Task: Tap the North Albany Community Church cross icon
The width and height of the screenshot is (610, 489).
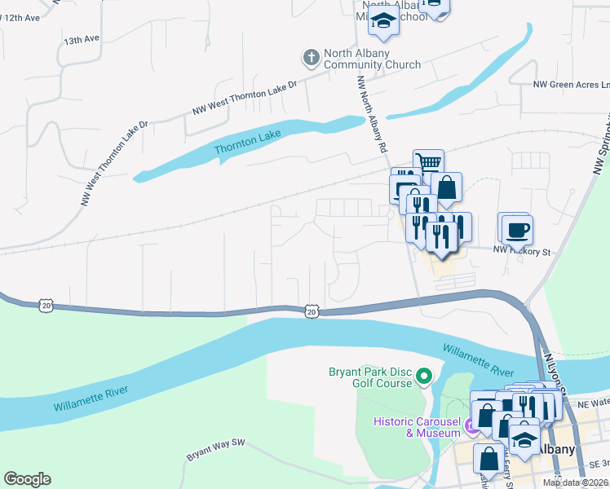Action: coord(311,57)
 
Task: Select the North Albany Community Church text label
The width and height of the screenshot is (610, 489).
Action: coord(372,59)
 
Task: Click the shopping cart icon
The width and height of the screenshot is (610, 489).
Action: coord(428,161)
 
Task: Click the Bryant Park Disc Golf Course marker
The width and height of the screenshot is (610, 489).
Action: coord(423,376)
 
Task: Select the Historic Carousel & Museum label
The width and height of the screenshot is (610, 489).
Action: coord(417,427)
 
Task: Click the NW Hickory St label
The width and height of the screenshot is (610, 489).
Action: coord(522,252)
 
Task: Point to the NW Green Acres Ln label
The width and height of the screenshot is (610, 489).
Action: coord(571,85)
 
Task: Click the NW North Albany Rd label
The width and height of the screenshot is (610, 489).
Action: coord(371,115)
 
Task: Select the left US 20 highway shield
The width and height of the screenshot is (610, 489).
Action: coord(45,304)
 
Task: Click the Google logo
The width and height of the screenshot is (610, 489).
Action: coord(27,479)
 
